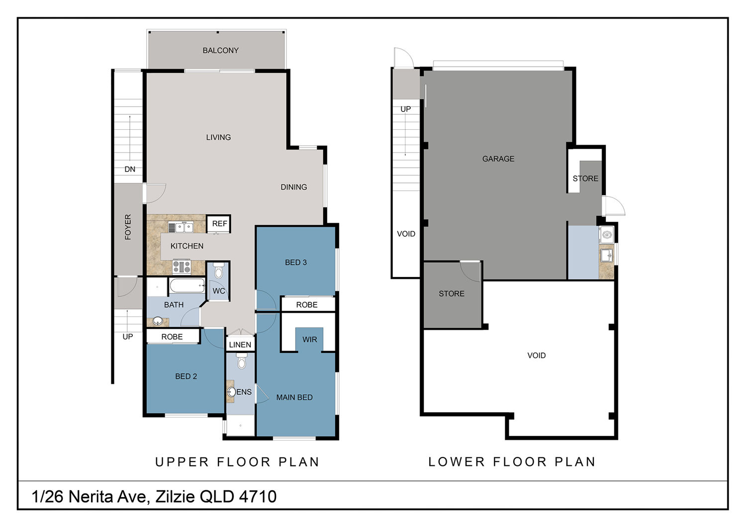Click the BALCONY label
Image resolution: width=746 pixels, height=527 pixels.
220,50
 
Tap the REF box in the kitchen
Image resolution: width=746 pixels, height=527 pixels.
219,223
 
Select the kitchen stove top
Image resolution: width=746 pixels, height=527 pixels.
182,266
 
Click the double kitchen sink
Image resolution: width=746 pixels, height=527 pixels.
181,227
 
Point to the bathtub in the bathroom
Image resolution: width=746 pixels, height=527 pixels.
187,286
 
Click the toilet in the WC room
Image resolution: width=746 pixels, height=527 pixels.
218,271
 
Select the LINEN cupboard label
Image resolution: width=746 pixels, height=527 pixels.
240,345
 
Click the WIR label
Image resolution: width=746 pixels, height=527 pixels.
309,340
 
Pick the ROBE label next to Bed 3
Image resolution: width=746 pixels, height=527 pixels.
307,305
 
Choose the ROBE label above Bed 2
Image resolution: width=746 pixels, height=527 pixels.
172,337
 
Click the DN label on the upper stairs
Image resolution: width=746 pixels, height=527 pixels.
129,169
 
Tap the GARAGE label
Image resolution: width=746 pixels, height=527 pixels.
498,159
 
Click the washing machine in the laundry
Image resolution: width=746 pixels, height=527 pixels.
607,235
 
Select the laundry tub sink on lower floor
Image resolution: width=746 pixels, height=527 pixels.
607,256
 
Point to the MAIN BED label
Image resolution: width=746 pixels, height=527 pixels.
294,397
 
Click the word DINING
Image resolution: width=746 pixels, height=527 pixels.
294,187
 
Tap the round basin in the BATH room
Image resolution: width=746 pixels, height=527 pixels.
158,321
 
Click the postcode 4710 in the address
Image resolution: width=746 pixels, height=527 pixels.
258,496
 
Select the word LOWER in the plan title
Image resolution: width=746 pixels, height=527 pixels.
456,462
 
